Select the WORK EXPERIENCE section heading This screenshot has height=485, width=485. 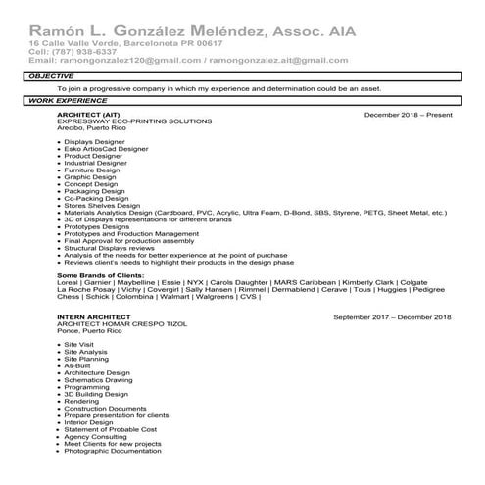(x=65, y=101)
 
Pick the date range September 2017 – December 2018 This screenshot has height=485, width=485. (x=392, y=317)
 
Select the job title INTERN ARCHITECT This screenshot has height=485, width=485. (x=94, y=317)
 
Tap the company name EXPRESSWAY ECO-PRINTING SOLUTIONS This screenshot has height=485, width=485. (x=134, y=121)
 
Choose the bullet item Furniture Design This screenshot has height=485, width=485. (x=91, y=170)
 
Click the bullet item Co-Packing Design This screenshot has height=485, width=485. (x=96, y=197)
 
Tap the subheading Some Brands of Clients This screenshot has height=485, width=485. (x=107, y=275)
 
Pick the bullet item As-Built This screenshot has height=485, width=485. (x=77, y=365)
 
